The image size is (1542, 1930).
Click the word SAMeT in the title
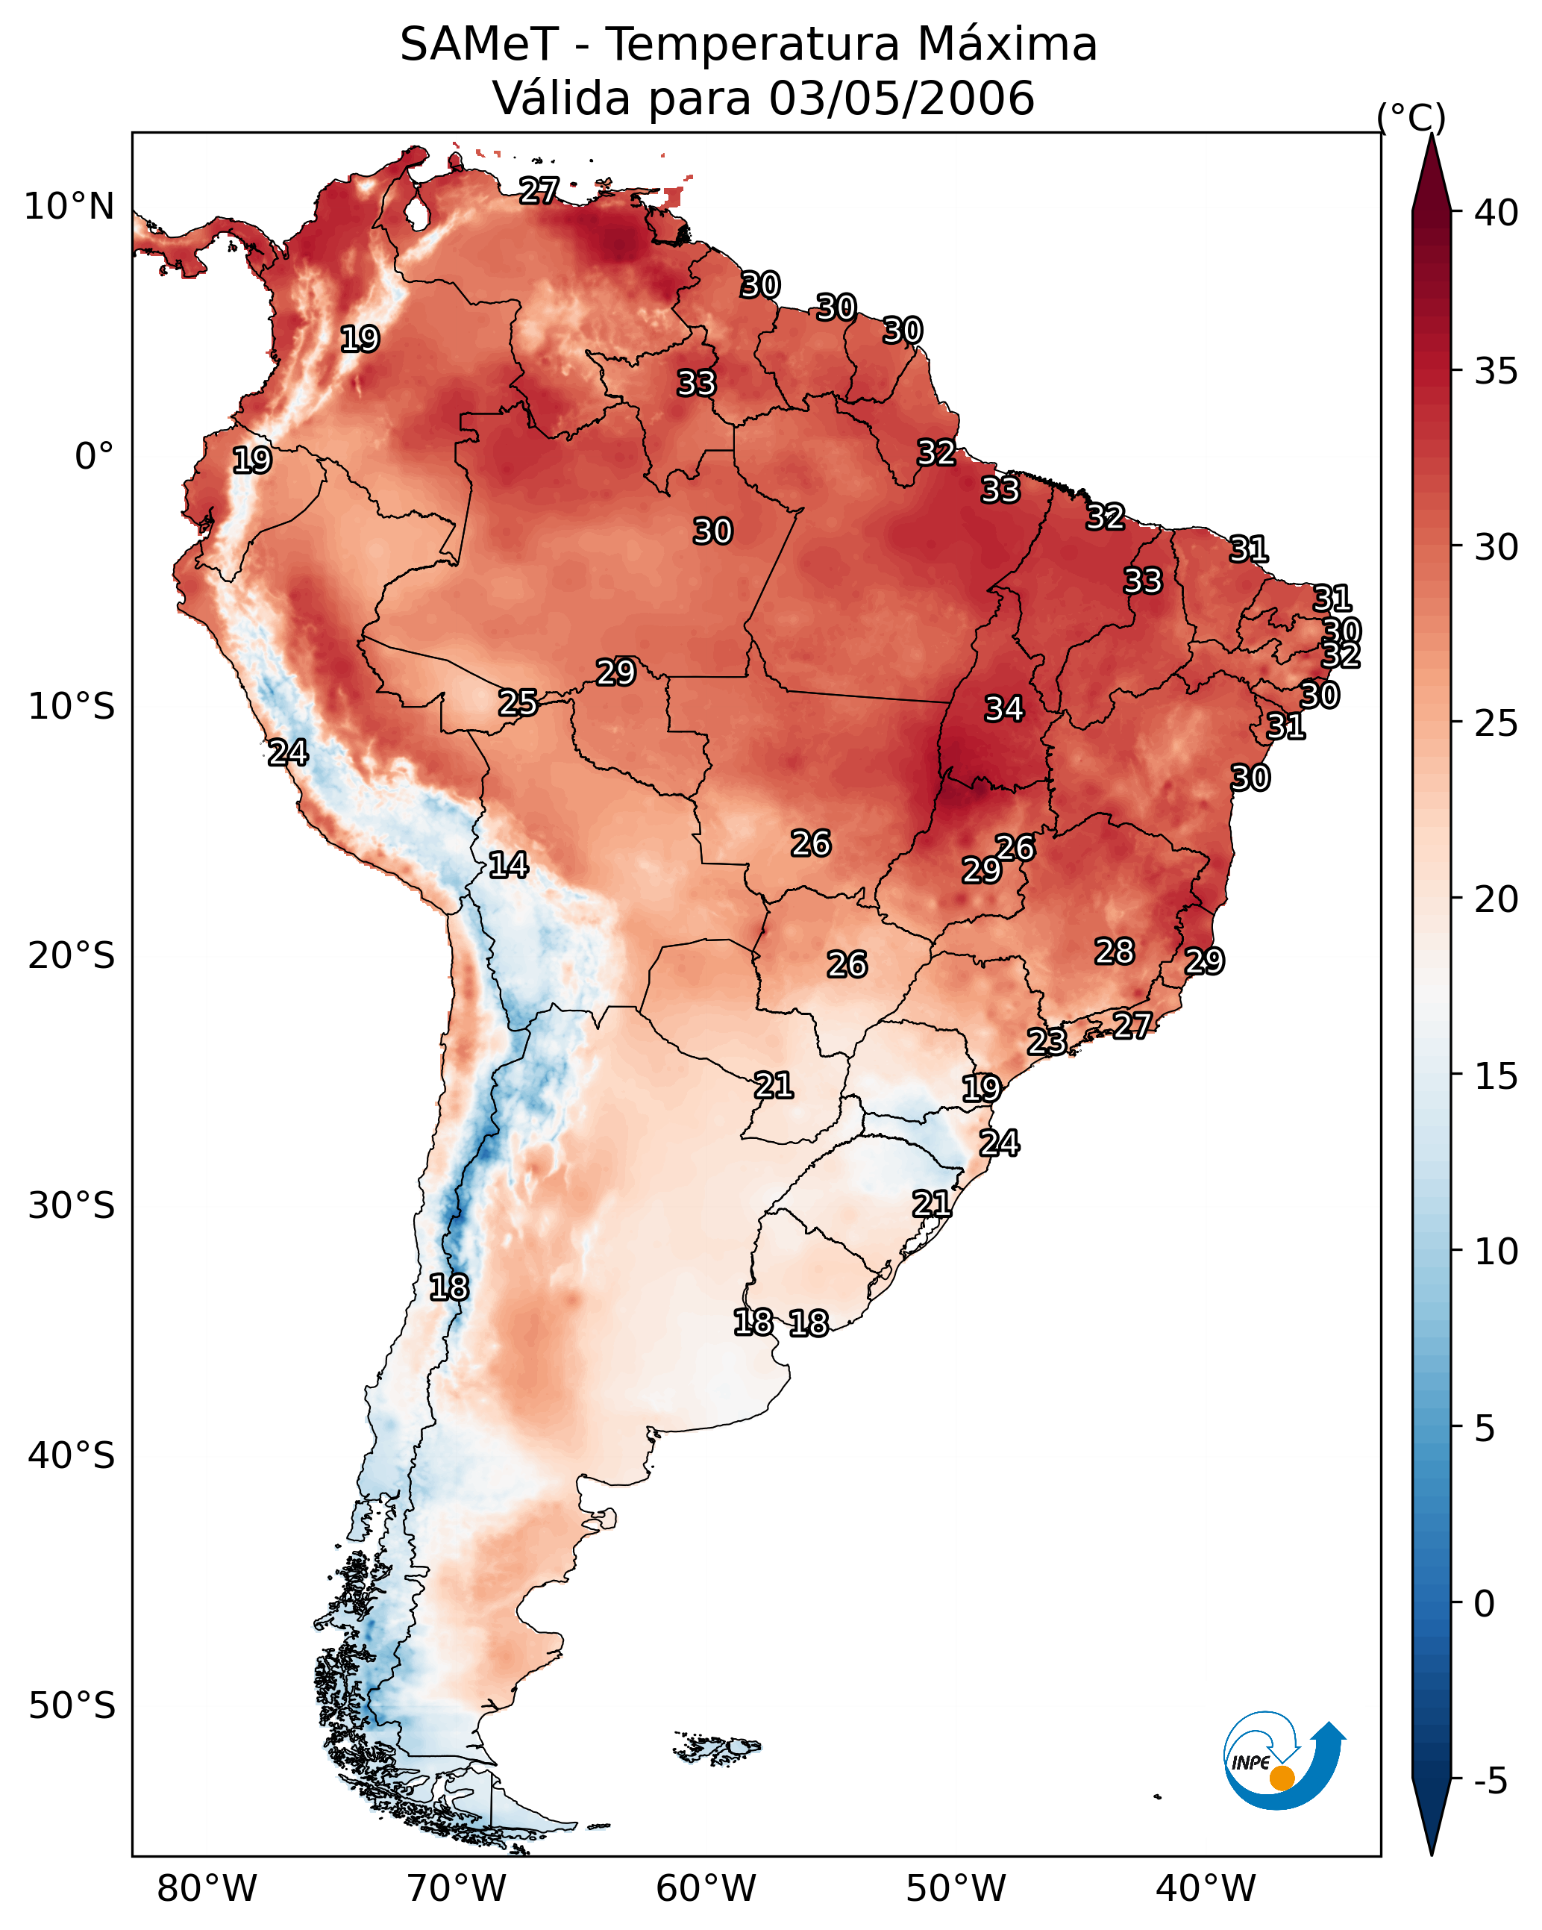tap(479, 45)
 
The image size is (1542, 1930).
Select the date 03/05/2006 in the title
tap(902, 99)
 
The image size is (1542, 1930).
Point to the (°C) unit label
tap(1411, 117)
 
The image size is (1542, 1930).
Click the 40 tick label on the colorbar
tap(1496, 213)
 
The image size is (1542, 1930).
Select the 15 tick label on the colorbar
tap(1496, 1076)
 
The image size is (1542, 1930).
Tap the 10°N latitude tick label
tap(69, 207)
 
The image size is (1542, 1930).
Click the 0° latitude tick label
tap(94, 457)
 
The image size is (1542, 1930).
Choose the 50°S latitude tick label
tap(72, 1706)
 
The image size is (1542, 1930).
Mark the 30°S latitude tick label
tap(72, 1206)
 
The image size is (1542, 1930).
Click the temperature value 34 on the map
tap(1004, 709)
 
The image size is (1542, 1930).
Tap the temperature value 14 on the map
tap(508, 865)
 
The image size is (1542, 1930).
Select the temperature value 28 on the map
tap(1115, 952)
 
